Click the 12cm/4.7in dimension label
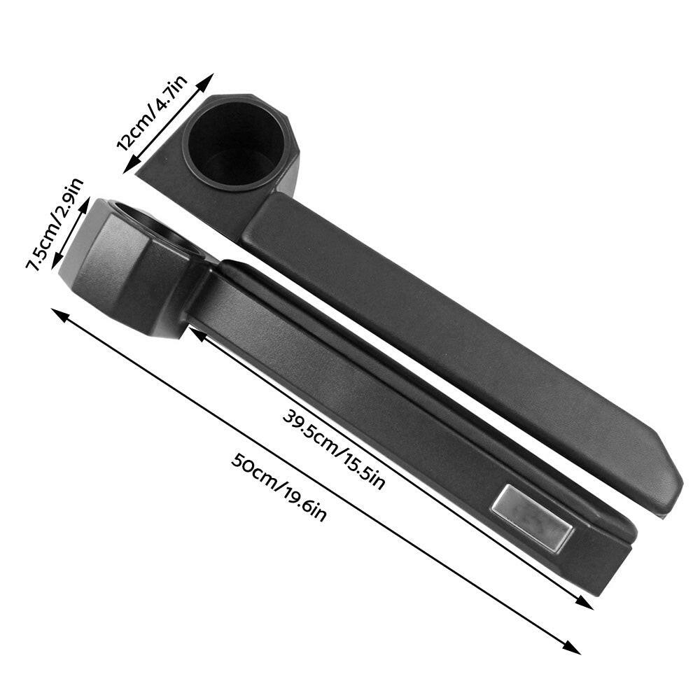pos(152,113)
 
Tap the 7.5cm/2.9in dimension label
pos(55,224)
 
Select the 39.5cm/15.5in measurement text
pos(333,450)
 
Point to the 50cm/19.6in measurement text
pos(279,487)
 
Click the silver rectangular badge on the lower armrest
pos(532,517)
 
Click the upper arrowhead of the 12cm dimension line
pos(206,82)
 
